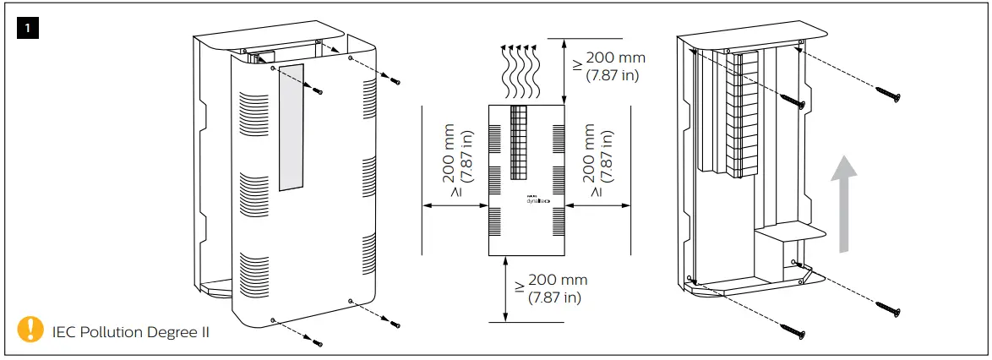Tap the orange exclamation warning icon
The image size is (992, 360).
[x=31, y=329]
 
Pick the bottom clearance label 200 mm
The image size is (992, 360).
[x=558, y=281]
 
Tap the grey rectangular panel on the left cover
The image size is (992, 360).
[x=289, y=127]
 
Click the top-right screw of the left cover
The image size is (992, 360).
[x=395, y=81]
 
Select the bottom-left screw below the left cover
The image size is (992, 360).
[x=319, y=342]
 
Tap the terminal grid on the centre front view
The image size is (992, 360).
[x=519, y=143]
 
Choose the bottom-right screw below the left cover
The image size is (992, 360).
[x=395, y=324]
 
